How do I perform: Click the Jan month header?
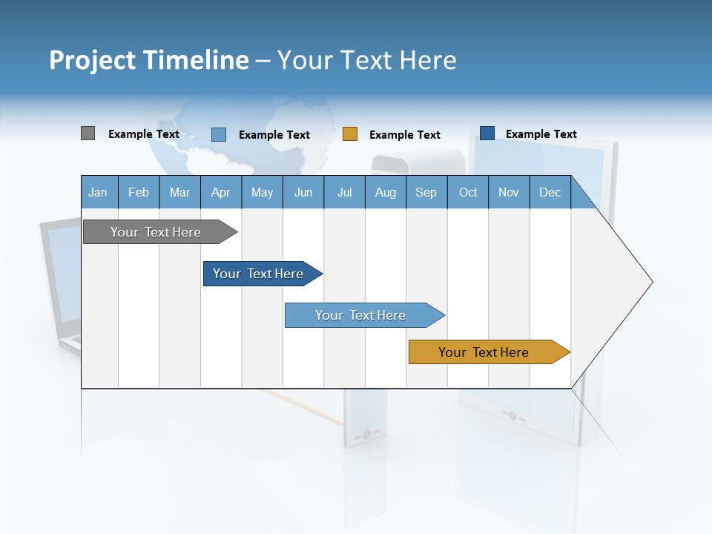99,193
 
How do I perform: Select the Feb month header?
139,193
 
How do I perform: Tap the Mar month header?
179,193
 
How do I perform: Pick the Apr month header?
221,193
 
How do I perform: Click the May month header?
262,193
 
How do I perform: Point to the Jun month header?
303,193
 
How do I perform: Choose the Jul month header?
344,193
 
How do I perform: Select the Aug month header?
386,193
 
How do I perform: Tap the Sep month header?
426,193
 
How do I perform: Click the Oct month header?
468,193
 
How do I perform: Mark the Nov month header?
509,193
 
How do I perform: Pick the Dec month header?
550,193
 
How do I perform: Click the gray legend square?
88,133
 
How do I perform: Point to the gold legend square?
350,134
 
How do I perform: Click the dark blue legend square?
487,133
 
